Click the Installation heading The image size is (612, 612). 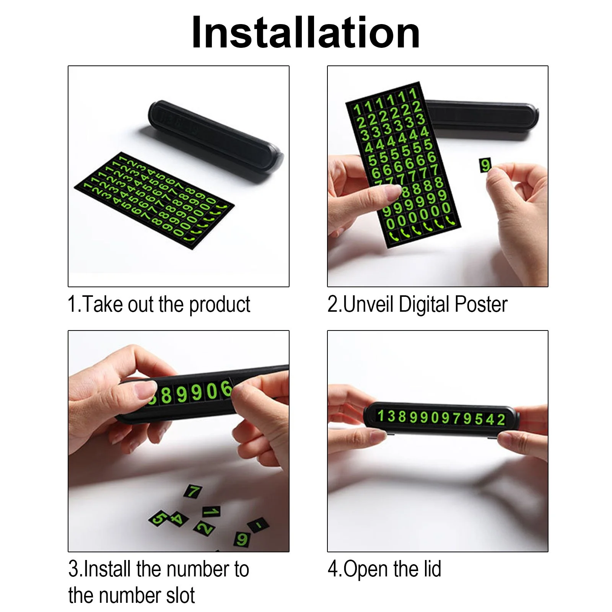pyautogui.click(x=306, y=33)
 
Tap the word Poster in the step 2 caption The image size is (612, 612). pyautogui.click(x=481, y=305)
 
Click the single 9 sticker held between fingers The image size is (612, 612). pyautogui.click(x=485, y=165)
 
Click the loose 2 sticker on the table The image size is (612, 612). pyautogui.click(x=205, y=528)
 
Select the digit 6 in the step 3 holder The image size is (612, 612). pyautogui.click(x=226, y=390)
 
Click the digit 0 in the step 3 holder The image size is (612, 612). pyautogui.click(x=211, y=392)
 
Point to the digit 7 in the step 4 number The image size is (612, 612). pyautogui.click(x=456, y=418)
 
